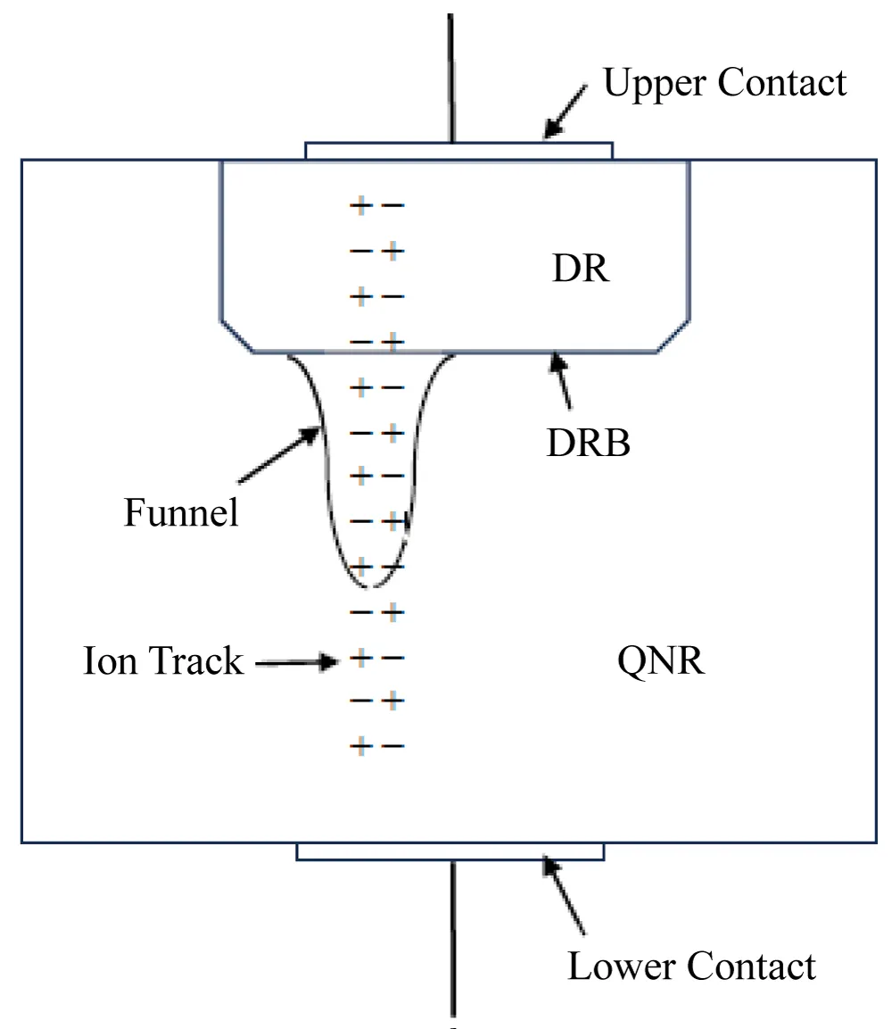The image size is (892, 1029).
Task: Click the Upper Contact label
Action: pyautogui.click(x=724, y=83)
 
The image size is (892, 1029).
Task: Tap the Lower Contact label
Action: pyautogui.click(x=691, y=966)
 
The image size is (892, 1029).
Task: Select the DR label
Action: pyautogui.click(x=581, y=269)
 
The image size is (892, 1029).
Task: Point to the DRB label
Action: pyautogui.click(x=588, y=442)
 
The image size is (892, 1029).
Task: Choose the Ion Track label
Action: pyautogui.click(x=162, y=661)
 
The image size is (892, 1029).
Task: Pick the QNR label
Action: pyautogui.click(x=660, y=661)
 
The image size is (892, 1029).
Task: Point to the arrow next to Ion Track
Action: pyautogui.click(x=298, y=662)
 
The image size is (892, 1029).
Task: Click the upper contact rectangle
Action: pyautogui.click(x=458, y=150)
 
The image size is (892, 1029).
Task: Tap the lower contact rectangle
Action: pyautogui.click(x=450, y=851)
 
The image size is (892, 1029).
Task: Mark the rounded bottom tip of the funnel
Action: pyautogui.click(x=373, y=585)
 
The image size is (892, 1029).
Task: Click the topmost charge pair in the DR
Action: pyautogui.click(x=376, y=206)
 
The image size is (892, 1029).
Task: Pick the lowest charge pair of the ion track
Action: pyautogui.click(x=376, y=745)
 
